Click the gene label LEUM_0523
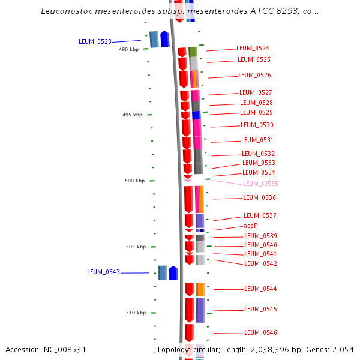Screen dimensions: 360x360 point(95,41)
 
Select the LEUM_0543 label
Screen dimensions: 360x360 point(103,272)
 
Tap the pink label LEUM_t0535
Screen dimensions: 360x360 point(260,184)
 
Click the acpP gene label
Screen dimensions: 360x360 point(250,226)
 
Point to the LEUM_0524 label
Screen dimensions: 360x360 point(253,48)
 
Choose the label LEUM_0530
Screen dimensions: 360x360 point(257,125)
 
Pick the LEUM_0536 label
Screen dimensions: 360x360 point(259,197)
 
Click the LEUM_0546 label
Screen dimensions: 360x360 point(260,332)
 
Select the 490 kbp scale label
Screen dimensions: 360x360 point(128,49)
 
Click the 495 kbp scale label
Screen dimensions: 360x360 point(132,115)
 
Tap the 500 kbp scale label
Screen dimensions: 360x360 point(134,181)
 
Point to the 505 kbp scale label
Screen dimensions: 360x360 point(136,247)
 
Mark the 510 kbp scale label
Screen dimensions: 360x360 point(136,313)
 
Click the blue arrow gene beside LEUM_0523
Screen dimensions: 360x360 point(165,39)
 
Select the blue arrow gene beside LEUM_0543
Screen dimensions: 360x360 point(173,273)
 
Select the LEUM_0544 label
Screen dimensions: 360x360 point(260,289)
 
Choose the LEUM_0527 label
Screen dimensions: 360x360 point(256,92)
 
